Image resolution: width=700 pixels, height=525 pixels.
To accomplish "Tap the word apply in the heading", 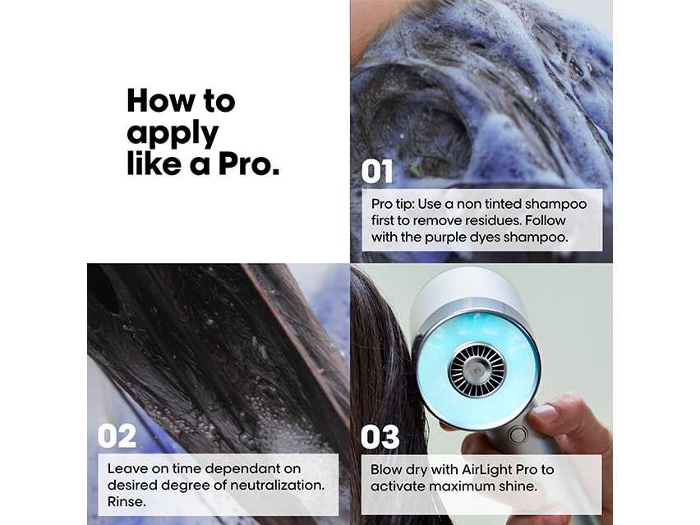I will (173, 133).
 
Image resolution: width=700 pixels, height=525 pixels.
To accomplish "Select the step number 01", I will (378, 172).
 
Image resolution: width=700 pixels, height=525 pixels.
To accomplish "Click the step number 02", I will (117, 435).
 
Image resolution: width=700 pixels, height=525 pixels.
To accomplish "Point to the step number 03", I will (380, 436).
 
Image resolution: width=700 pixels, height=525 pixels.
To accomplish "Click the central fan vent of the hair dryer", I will (476, 369).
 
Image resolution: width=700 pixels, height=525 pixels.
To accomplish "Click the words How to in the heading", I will (181, 101).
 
